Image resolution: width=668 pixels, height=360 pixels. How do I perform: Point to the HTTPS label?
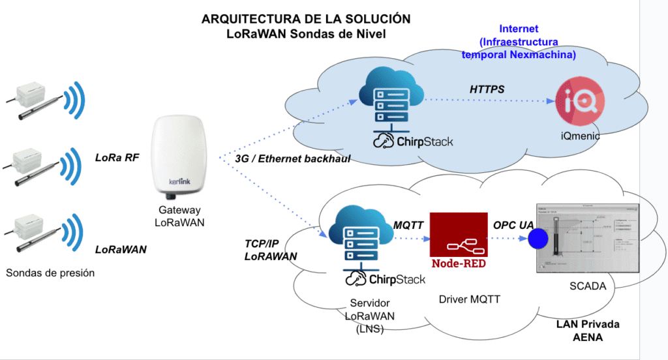tap(487, 89)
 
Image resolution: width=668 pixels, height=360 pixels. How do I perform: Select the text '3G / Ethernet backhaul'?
tap(292, 158)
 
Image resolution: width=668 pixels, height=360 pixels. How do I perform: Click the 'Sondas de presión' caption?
tap(50, 273)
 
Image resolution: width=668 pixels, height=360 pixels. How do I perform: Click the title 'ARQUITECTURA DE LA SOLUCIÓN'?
tap(307, 19)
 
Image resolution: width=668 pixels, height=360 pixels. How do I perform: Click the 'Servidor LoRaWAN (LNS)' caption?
tap(370, 316)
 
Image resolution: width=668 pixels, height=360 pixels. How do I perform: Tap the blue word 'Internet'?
tap(519, 29)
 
